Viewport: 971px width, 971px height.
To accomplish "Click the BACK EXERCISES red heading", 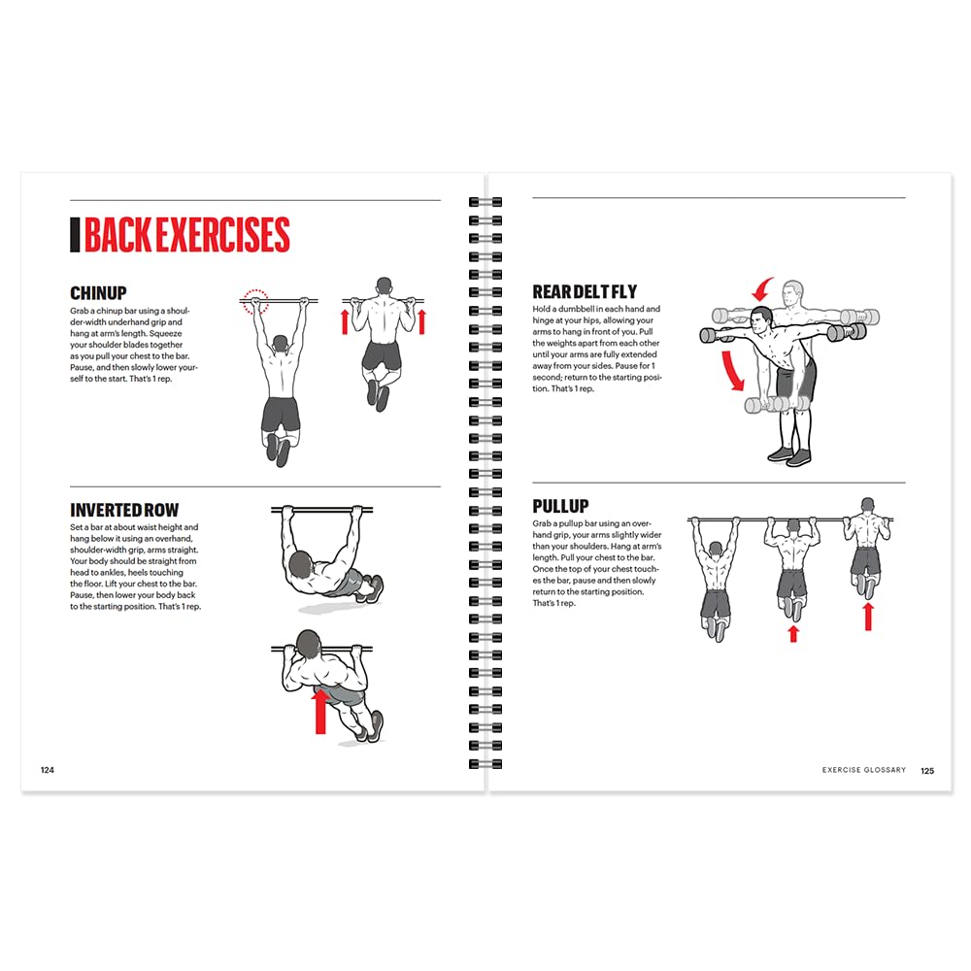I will click(186, 236).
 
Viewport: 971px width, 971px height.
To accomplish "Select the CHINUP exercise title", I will click(98, 293).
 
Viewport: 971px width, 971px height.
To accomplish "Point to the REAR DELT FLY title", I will click(585, 291).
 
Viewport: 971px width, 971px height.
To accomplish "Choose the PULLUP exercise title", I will click(562, 506).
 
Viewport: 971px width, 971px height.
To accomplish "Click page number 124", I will click(47, 770).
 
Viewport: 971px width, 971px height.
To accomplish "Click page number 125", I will click(927, 770).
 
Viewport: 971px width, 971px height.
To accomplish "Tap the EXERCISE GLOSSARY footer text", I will click(863, 770).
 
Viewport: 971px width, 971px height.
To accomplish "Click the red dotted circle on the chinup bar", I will click(255, 301).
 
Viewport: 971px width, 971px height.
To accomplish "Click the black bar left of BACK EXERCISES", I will click(75, 236).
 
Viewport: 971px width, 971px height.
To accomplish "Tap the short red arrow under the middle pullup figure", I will click(793, 633).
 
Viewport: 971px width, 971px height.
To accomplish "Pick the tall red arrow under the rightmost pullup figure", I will click(868, 616).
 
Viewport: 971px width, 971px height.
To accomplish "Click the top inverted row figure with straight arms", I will click(325, 558).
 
